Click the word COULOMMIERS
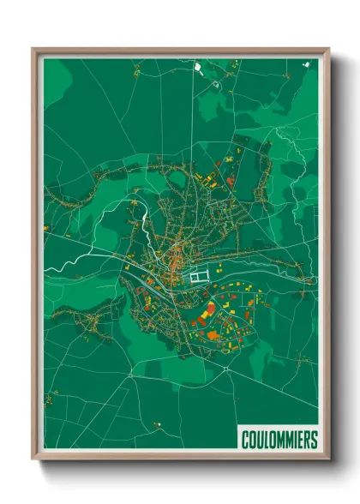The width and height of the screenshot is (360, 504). pos(279,440)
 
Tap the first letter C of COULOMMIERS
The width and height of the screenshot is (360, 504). pos(244,440)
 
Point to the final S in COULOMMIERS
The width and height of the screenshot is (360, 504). pos(314,440)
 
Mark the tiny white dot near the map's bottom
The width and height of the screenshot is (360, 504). pos(159,423)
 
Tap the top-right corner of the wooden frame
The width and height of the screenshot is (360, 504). pos(328,49)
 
